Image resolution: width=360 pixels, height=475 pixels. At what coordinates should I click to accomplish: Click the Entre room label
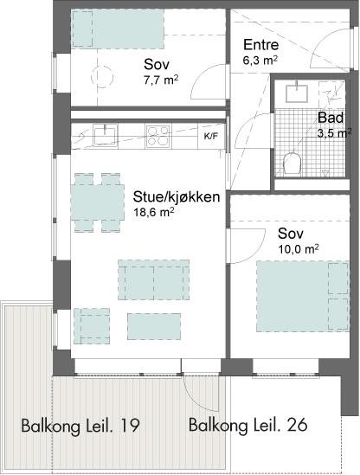(260, 45)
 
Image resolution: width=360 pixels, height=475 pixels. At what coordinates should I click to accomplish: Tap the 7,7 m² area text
(161, 80)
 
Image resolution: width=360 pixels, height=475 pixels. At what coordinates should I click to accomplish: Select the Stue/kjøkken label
(177, 197)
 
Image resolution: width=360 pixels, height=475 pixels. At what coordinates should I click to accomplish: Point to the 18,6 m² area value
(153, 212)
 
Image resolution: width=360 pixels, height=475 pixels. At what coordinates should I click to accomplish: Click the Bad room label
(331, 118)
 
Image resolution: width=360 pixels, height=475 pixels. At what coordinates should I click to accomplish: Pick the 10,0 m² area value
(298, 249)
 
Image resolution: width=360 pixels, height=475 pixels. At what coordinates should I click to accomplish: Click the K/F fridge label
(210, 137)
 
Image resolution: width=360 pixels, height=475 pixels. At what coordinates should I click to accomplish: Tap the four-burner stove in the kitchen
(157, 136)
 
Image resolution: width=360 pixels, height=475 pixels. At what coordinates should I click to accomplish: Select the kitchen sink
(105, 136)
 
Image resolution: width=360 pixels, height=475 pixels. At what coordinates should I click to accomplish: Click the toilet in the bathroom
(292, 163)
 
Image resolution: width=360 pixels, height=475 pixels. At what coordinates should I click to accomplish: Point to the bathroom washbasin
(297, 93)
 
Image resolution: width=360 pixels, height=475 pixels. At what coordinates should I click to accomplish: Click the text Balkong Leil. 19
(80, 426)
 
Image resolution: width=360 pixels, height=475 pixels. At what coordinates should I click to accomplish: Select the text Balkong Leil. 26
(247, 425)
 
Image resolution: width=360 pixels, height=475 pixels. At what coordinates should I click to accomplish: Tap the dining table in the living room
(97, 202)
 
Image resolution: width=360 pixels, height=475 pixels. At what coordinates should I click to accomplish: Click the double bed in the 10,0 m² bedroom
(303, 296)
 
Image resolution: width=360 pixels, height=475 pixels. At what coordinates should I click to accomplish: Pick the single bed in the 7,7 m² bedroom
(118, 29)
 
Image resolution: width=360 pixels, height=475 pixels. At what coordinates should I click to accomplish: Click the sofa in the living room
(154, 279)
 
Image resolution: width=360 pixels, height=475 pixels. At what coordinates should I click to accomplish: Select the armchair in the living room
(92, 326)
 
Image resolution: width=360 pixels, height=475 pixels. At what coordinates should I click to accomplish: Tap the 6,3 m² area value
(260, 60)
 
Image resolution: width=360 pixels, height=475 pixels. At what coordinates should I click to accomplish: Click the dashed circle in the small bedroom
(102, 77)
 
